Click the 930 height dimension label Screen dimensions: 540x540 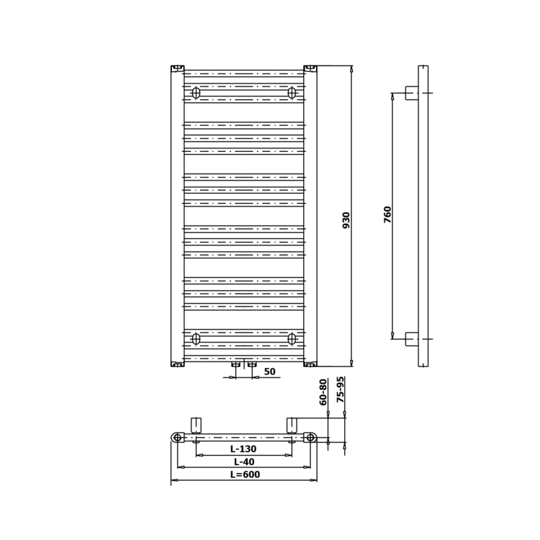tap(346, 220)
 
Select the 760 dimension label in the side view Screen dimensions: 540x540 tap(387, 215)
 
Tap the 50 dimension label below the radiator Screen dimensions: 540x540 tap(270, 372)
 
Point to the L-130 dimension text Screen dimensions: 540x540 tap(243, 449)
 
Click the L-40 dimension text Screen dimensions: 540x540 tap(244, 462)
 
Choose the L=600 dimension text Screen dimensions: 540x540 tap(246, 474)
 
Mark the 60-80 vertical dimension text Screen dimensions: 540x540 tap(323, 392)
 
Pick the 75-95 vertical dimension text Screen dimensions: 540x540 tap(340, 390)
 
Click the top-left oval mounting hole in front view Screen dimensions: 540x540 tap(196, 93)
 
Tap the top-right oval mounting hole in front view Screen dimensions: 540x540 tap(292, 93)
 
